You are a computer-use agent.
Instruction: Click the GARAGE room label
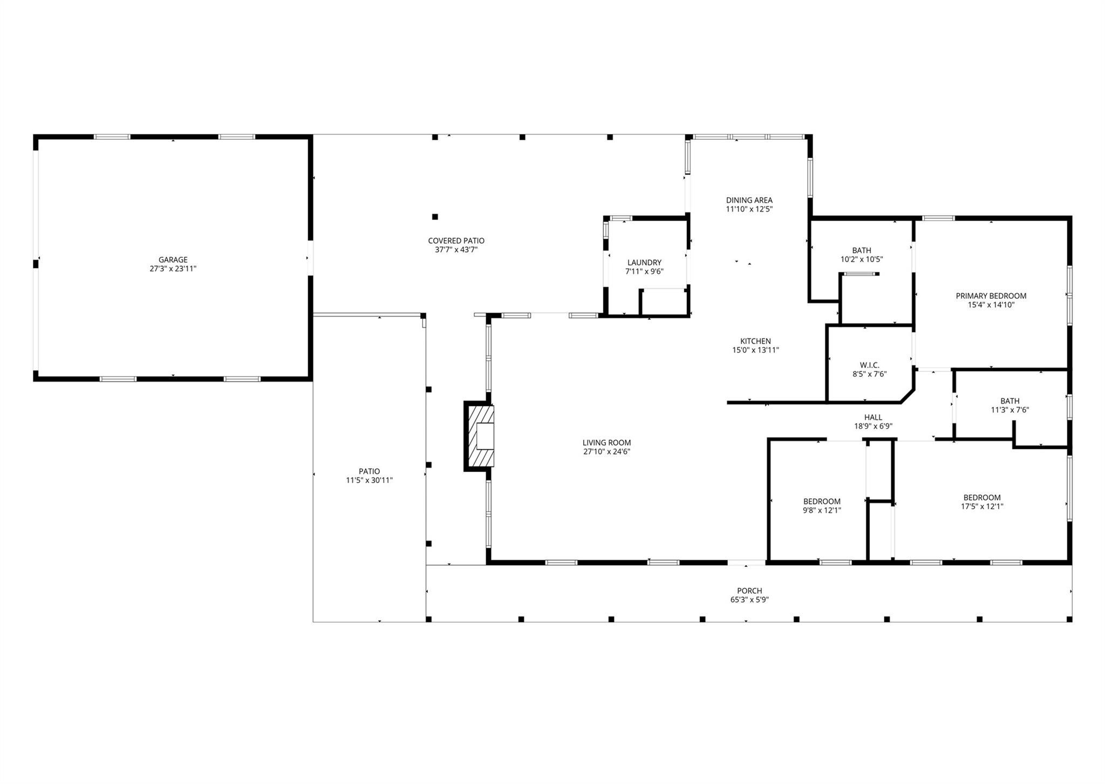173,260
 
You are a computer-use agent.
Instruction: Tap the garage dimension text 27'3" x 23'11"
173,269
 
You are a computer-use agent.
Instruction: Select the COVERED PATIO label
456,241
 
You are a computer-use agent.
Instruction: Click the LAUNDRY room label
644,263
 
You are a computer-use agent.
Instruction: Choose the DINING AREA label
749,201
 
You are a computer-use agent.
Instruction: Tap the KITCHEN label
755,341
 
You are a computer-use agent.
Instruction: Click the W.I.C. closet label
865,365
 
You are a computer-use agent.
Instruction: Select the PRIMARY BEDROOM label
991,296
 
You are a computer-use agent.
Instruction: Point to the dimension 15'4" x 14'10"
991,305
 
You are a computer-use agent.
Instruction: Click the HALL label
873,417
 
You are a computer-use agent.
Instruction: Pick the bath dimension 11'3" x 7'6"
1009,410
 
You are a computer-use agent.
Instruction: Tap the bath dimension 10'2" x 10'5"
861,259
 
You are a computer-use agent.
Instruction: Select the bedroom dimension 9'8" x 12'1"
821,510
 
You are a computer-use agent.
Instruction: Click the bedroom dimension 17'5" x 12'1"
982,506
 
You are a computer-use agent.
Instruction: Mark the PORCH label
749,591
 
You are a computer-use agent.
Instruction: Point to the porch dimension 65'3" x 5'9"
749,600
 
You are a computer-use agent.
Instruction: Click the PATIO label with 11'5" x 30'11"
369,471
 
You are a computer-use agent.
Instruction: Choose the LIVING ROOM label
606,443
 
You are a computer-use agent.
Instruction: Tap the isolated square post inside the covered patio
435,217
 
